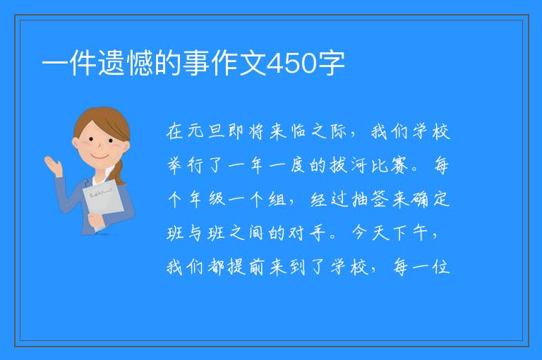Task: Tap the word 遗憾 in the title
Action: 126,63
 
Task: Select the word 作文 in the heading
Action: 239,63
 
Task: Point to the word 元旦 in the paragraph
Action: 207,132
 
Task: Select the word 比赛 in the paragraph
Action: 390,165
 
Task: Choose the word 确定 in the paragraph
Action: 430,199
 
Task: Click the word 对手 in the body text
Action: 308,233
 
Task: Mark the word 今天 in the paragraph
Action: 371,233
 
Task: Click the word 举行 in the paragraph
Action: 186,165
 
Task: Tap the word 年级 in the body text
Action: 207,199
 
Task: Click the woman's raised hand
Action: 53,166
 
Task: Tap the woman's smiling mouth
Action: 100,157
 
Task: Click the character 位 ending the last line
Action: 440,267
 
